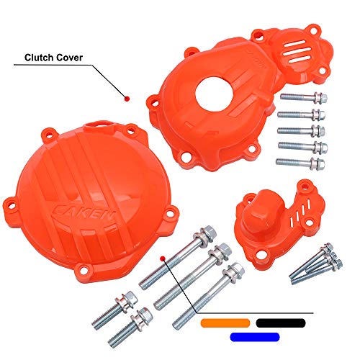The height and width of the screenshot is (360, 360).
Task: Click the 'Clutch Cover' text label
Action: [53, 55]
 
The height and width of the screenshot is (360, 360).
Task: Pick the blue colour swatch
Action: [253, 336]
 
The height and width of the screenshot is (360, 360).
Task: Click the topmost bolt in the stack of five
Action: [302, 96]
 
